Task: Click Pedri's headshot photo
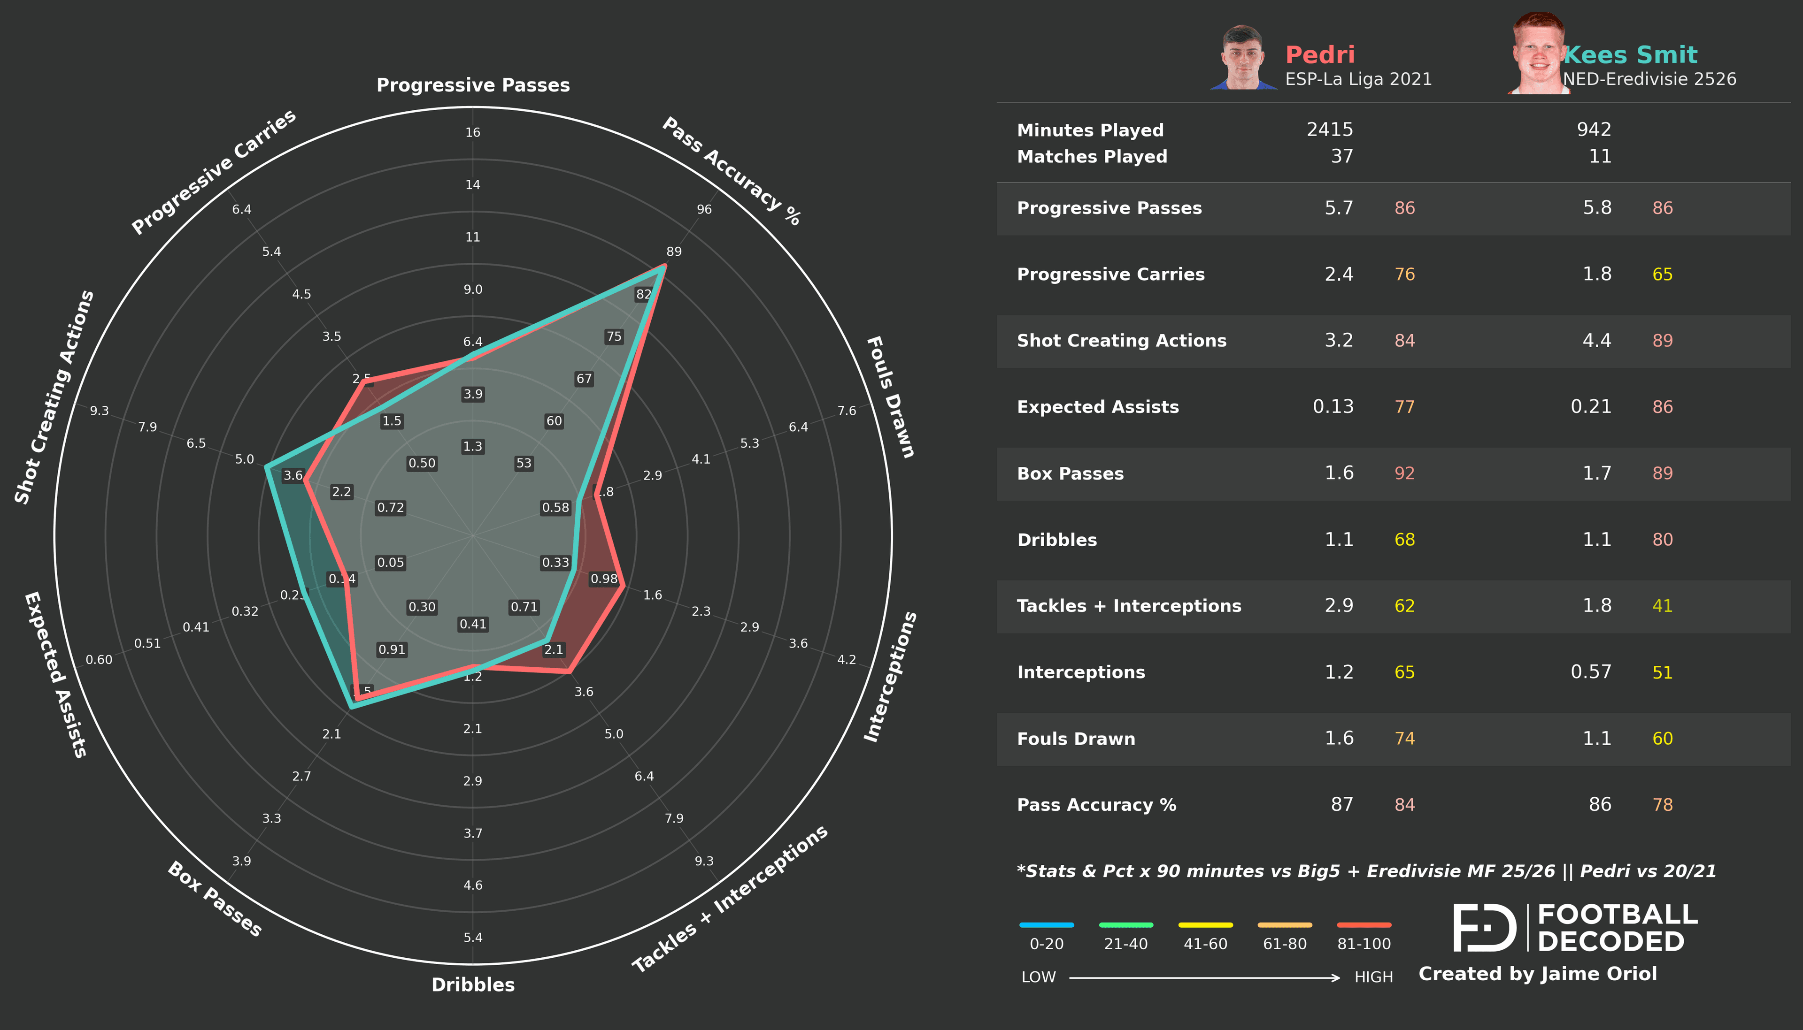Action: [1243, 58]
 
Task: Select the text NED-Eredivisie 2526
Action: [1649, 79]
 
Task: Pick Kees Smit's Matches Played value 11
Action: [1600, 156]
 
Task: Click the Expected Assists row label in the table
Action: [1097, 407]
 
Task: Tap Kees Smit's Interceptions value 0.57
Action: [1591, 672]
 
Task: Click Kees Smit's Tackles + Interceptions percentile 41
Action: [1662, 606]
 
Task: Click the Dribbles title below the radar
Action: [473, 985]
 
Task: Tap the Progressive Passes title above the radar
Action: [473, 85]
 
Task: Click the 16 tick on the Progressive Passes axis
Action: [473, 132]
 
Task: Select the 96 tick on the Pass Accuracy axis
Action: [704, 209]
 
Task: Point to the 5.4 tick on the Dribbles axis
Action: [473, 938]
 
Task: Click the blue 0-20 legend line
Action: [1046, 924]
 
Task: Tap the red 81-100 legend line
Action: [1364, 924]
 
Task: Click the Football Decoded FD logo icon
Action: [1484, 927]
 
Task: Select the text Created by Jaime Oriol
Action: [1537, 974]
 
